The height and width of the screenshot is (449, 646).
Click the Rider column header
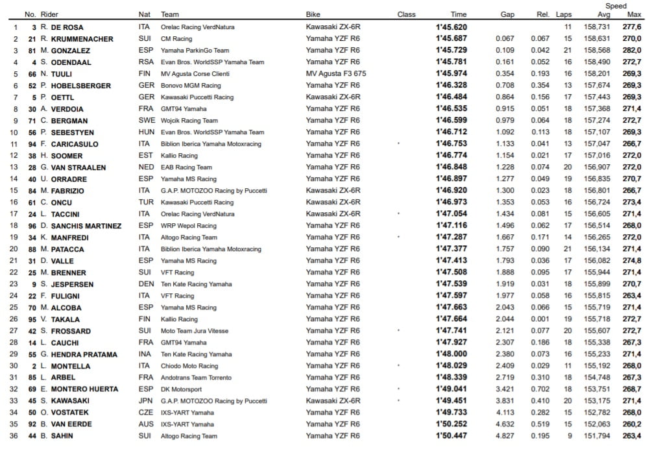point(49,14)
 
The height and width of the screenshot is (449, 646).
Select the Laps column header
point(564,14)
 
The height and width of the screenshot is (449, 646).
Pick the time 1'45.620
point(451,27)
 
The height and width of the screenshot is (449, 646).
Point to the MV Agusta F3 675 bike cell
point(336,74)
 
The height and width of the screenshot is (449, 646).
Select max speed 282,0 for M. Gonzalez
point(632,51)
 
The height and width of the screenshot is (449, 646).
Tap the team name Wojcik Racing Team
point(189,121)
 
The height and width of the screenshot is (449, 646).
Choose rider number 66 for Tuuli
point(31,74)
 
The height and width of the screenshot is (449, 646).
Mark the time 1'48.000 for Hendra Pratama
point(451,354)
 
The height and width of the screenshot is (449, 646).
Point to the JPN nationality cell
point(145,401)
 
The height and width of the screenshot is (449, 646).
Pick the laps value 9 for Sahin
point(569,436)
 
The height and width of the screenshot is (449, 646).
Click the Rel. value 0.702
point(540,389)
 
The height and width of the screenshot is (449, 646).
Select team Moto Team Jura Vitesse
point(195,331)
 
